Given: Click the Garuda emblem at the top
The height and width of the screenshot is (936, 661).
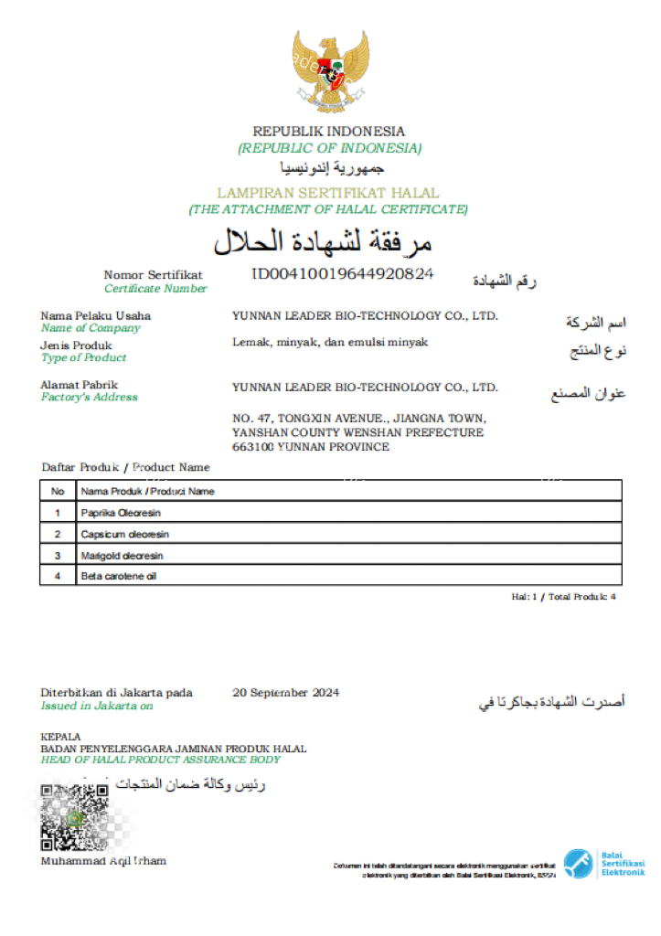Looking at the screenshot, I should [330, 69].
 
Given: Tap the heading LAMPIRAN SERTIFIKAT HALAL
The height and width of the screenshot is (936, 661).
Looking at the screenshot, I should [328, 193].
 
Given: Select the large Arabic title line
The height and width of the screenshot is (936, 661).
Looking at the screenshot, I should [322, 241].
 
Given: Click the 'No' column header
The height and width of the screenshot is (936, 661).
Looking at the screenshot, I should [58, 491].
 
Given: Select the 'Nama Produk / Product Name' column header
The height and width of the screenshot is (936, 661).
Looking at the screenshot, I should [147, 491].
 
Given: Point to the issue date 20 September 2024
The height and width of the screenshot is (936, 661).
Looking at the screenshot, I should [286, 693].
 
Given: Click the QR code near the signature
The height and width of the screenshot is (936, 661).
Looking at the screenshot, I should [76, 817].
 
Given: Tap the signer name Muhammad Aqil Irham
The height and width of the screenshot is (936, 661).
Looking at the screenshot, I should [103, 861].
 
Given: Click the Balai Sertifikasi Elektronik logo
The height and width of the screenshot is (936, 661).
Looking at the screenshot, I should [604, 863].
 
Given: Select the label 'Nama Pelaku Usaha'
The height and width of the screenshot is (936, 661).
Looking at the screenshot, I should [96, 315].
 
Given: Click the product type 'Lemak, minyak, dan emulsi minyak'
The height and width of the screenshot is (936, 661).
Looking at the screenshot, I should [329, 342].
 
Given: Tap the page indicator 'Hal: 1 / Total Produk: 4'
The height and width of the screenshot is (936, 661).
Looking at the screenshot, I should [563, 596].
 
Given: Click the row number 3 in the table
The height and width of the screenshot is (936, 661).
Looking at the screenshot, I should [58, 555].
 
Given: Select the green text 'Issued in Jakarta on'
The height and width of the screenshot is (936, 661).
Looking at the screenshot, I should [97, 706].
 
